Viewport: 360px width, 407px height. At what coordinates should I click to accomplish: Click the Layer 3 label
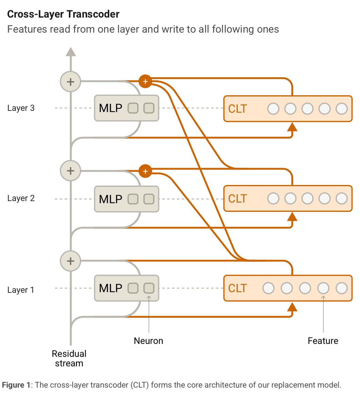[x=21, y=108]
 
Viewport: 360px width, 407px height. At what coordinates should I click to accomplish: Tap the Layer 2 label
[x=21, y=198]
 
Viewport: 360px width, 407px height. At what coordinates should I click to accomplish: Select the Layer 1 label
[x=21, y=290]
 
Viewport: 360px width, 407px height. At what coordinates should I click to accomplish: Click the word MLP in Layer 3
[x=111, y=108]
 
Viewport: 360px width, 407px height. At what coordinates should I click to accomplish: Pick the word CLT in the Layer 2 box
[x=237, y=199]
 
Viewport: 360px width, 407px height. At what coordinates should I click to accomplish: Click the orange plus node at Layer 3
[x=145, y=81]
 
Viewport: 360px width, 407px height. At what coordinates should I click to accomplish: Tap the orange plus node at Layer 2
[x=145, y=171]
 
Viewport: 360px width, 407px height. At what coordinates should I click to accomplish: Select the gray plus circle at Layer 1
[x=71, y=261]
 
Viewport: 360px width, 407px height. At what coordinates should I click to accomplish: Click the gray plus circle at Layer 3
[x=71, y=81]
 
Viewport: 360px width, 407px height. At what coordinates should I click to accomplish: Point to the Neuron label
[x=148, y=341]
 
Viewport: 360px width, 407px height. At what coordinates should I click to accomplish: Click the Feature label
[x=323, y=341]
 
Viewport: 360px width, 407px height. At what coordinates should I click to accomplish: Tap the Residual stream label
[x=69, y=358]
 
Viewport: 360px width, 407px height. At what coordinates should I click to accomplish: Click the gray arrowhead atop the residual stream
[x=71, y=52]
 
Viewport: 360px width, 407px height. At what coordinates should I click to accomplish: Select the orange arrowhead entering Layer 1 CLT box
[x=292, y=307]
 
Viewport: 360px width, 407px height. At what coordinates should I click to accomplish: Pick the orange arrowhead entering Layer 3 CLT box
[x=292, y=127]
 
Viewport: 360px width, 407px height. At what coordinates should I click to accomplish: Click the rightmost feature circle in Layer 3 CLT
[x=341, y=109]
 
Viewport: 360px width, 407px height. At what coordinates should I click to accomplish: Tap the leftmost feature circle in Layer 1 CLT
[x=268, y=288]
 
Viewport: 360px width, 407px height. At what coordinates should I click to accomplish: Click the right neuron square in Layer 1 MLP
[x=149, y=288]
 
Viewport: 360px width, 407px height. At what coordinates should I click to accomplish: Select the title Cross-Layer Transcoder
[x=63, y=14]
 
